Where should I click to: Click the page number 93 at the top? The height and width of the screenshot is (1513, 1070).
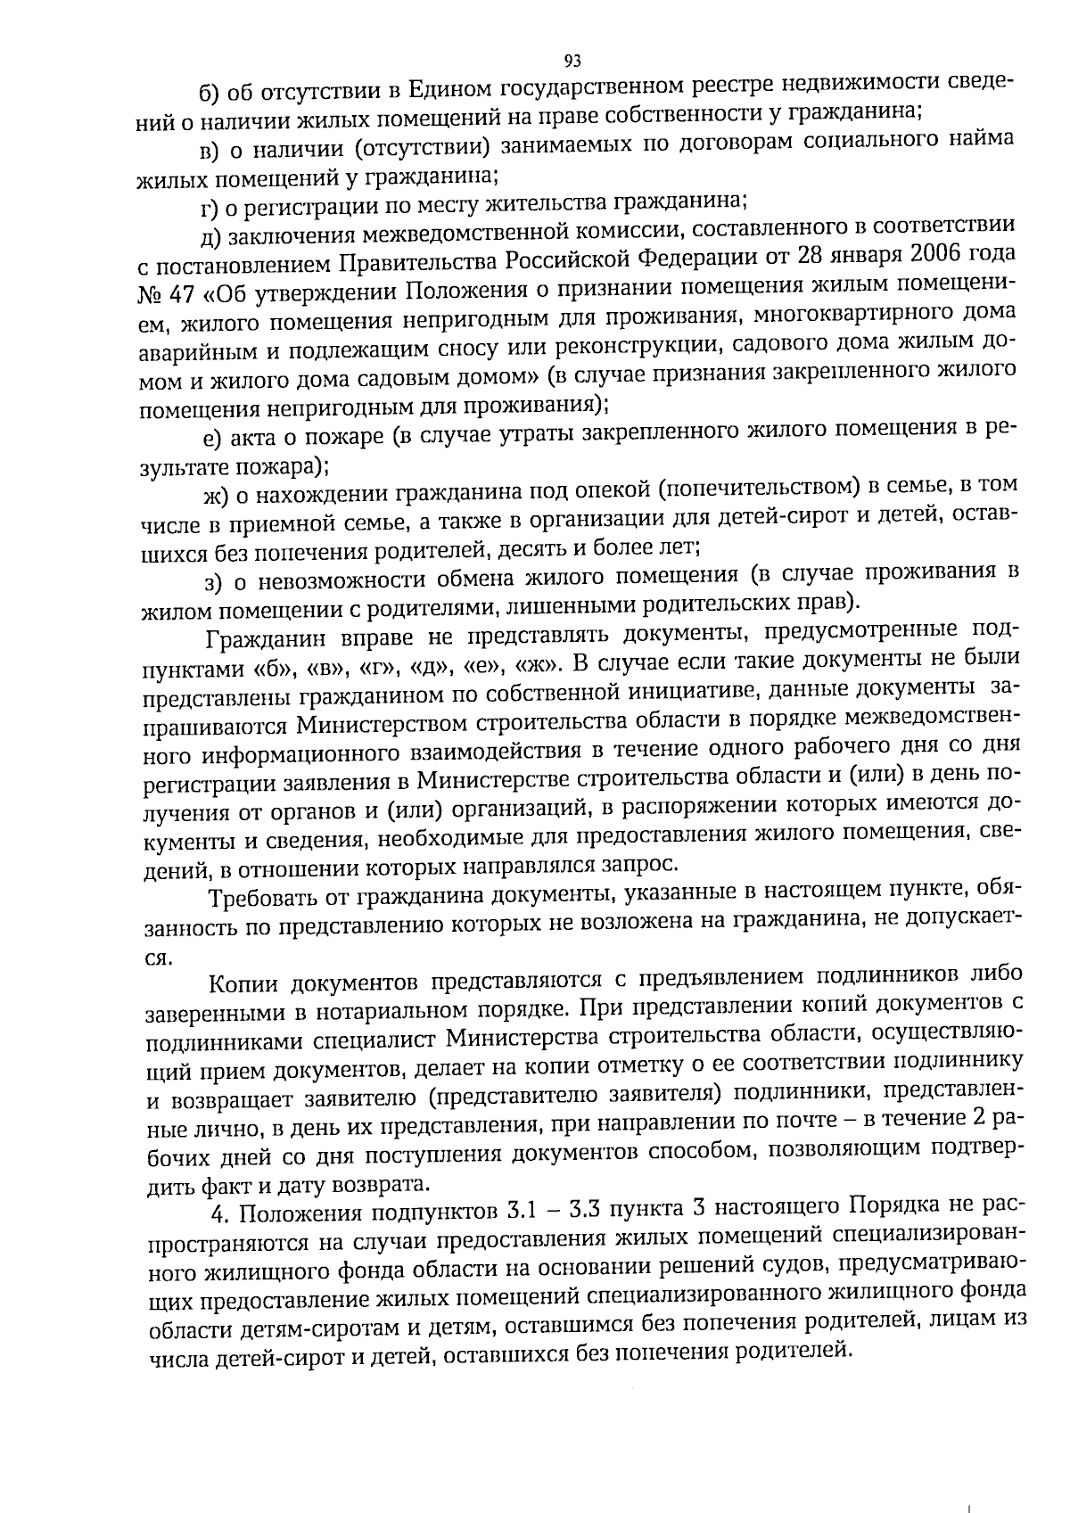tap(572, 61)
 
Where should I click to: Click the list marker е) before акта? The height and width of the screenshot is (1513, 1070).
tap(212, 438)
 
